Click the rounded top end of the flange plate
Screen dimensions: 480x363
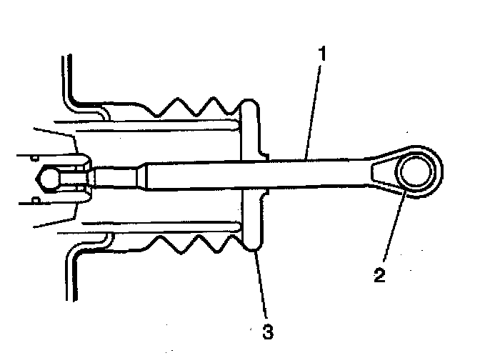pos(249,107)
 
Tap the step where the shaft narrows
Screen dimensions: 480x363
pos(143,174)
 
